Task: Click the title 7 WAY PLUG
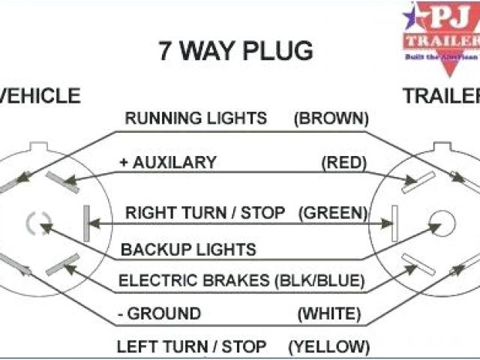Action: click(235, 52)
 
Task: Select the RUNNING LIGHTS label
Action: click(196, 118)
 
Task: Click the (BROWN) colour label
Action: click(331, 118)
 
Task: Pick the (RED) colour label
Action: click(343, 162)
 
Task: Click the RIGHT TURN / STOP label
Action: click(205, 213)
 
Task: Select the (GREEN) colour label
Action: click(333, 213)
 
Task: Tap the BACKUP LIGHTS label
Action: click(189, 250)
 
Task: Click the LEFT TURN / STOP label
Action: click(191, 346)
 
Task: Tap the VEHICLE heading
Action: click(40, 96)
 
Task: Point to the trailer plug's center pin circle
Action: click(442, 223)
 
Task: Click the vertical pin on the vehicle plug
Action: click(86, 223)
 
